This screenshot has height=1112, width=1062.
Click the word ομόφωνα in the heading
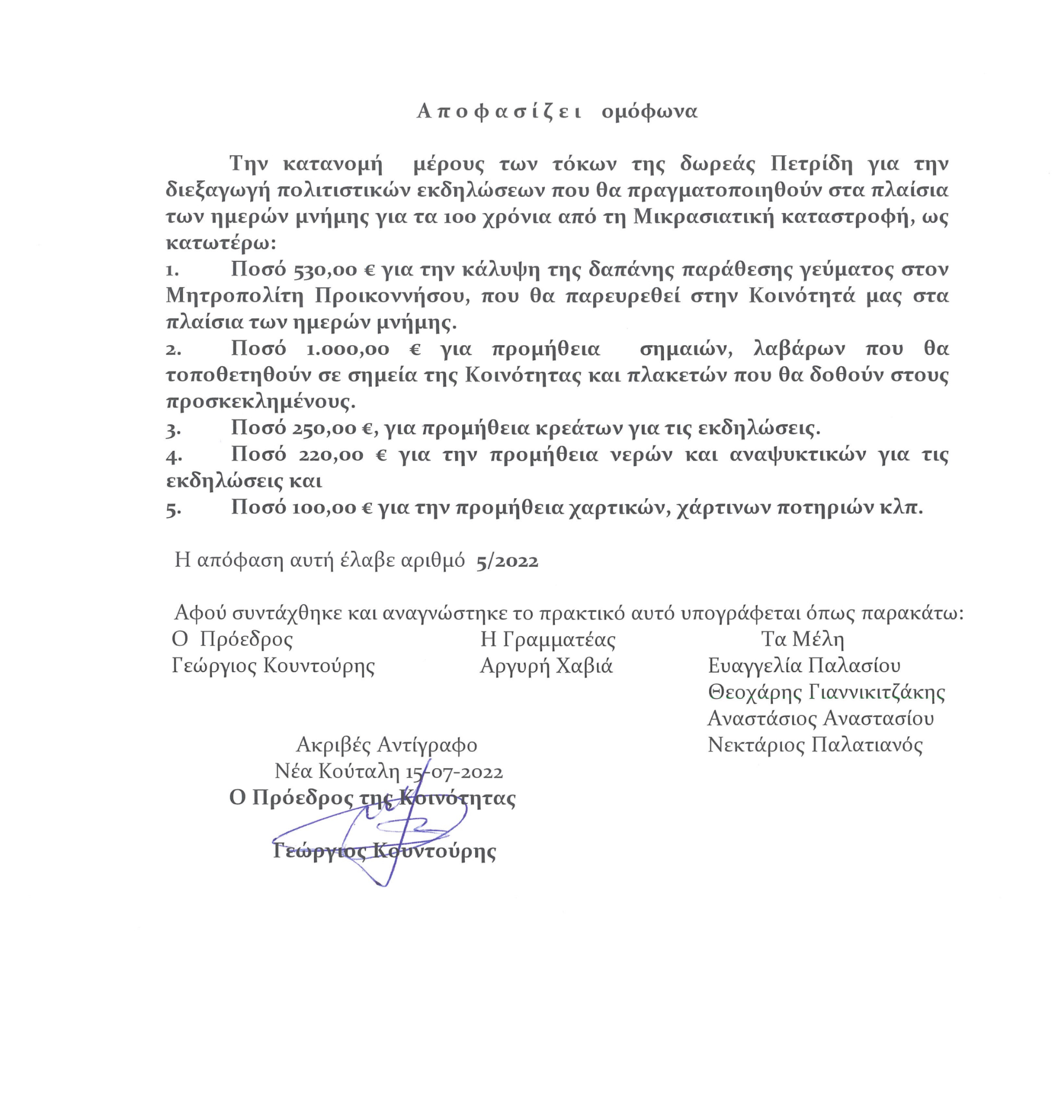point(649,112)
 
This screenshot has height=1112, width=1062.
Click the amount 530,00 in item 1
point(325,270)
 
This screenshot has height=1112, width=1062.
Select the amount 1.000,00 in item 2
point(348,349)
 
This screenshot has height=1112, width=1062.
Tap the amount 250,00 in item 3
point(325,428)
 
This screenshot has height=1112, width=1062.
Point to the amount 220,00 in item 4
point(330,454)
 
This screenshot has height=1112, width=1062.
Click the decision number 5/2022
point(507,561)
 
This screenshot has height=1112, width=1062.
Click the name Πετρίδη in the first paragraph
point(811,164)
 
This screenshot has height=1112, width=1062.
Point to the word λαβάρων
point(799,349)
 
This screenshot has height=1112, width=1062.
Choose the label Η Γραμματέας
point(548,640)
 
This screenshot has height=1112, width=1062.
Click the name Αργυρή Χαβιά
point(546,665)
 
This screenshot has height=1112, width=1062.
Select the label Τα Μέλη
point(802,640)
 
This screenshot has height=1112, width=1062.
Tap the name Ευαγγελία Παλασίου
point(804,665)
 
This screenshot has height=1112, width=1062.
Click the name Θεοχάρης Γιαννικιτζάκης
point(827,692)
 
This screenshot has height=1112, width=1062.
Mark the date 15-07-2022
point(454,771)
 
